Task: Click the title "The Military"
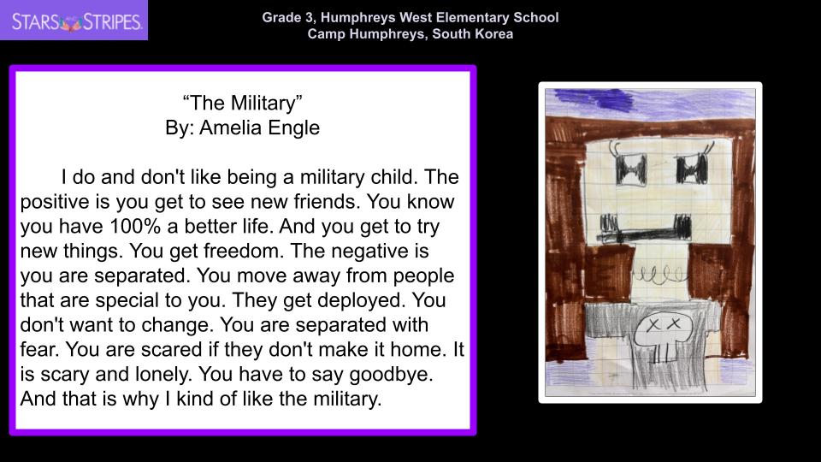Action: [242, 103]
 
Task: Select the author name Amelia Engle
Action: [259, 127]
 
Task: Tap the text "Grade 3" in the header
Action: [287, 17]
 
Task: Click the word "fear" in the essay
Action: [39, 349]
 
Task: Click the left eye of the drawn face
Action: [631, 169]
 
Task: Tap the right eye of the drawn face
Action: [692, 169]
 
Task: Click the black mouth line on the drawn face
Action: [646, 231]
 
